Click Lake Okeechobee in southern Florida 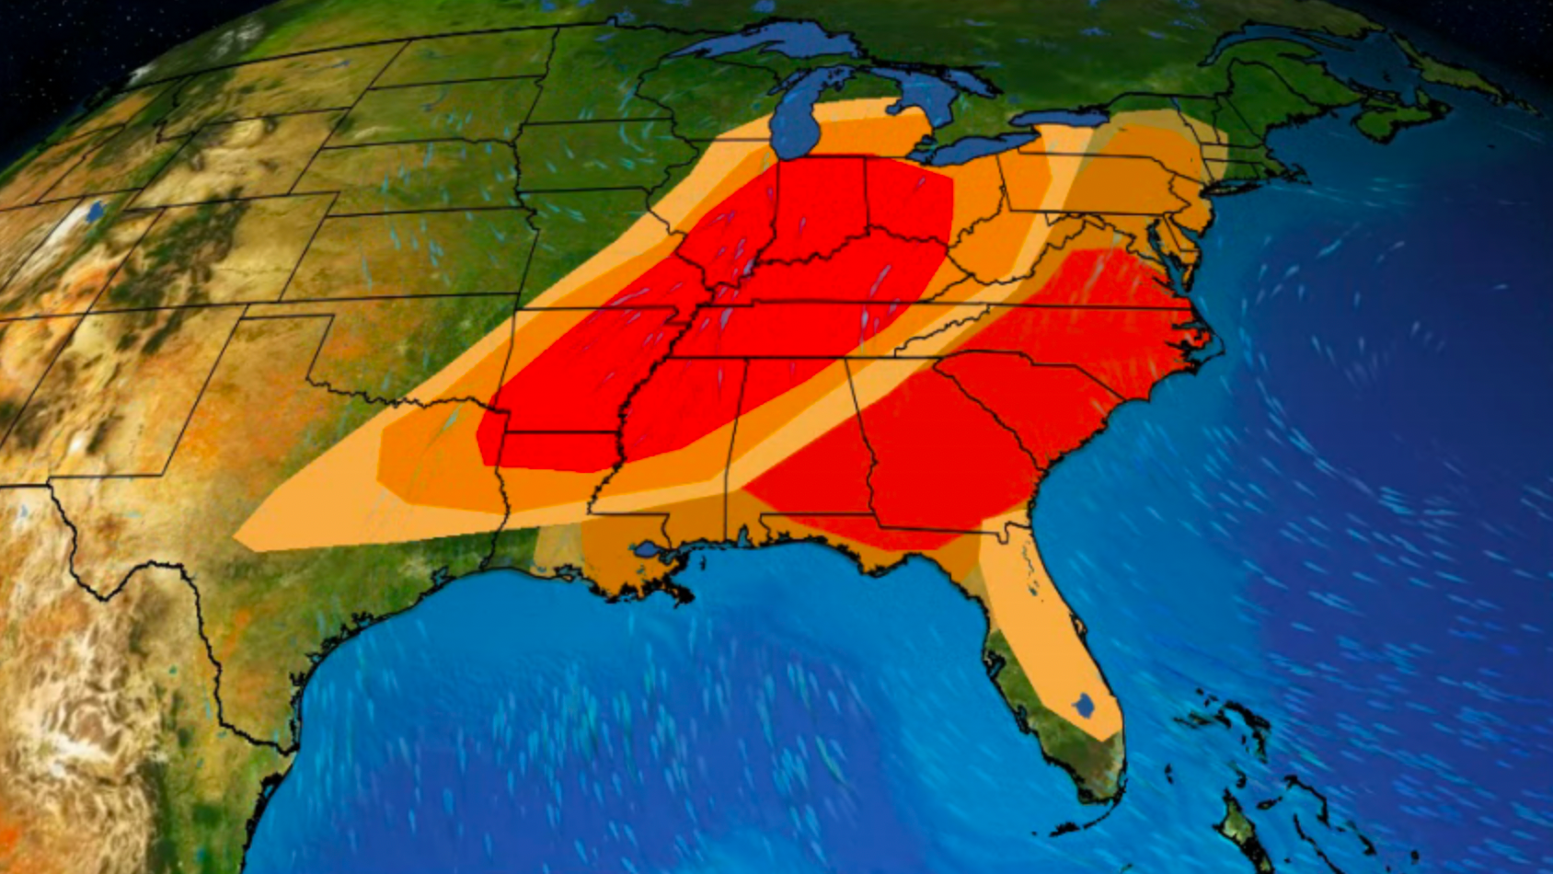pyautogui.click(x=1084, y=707)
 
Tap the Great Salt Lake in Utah pyautogui.click(x=94, y=213)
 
